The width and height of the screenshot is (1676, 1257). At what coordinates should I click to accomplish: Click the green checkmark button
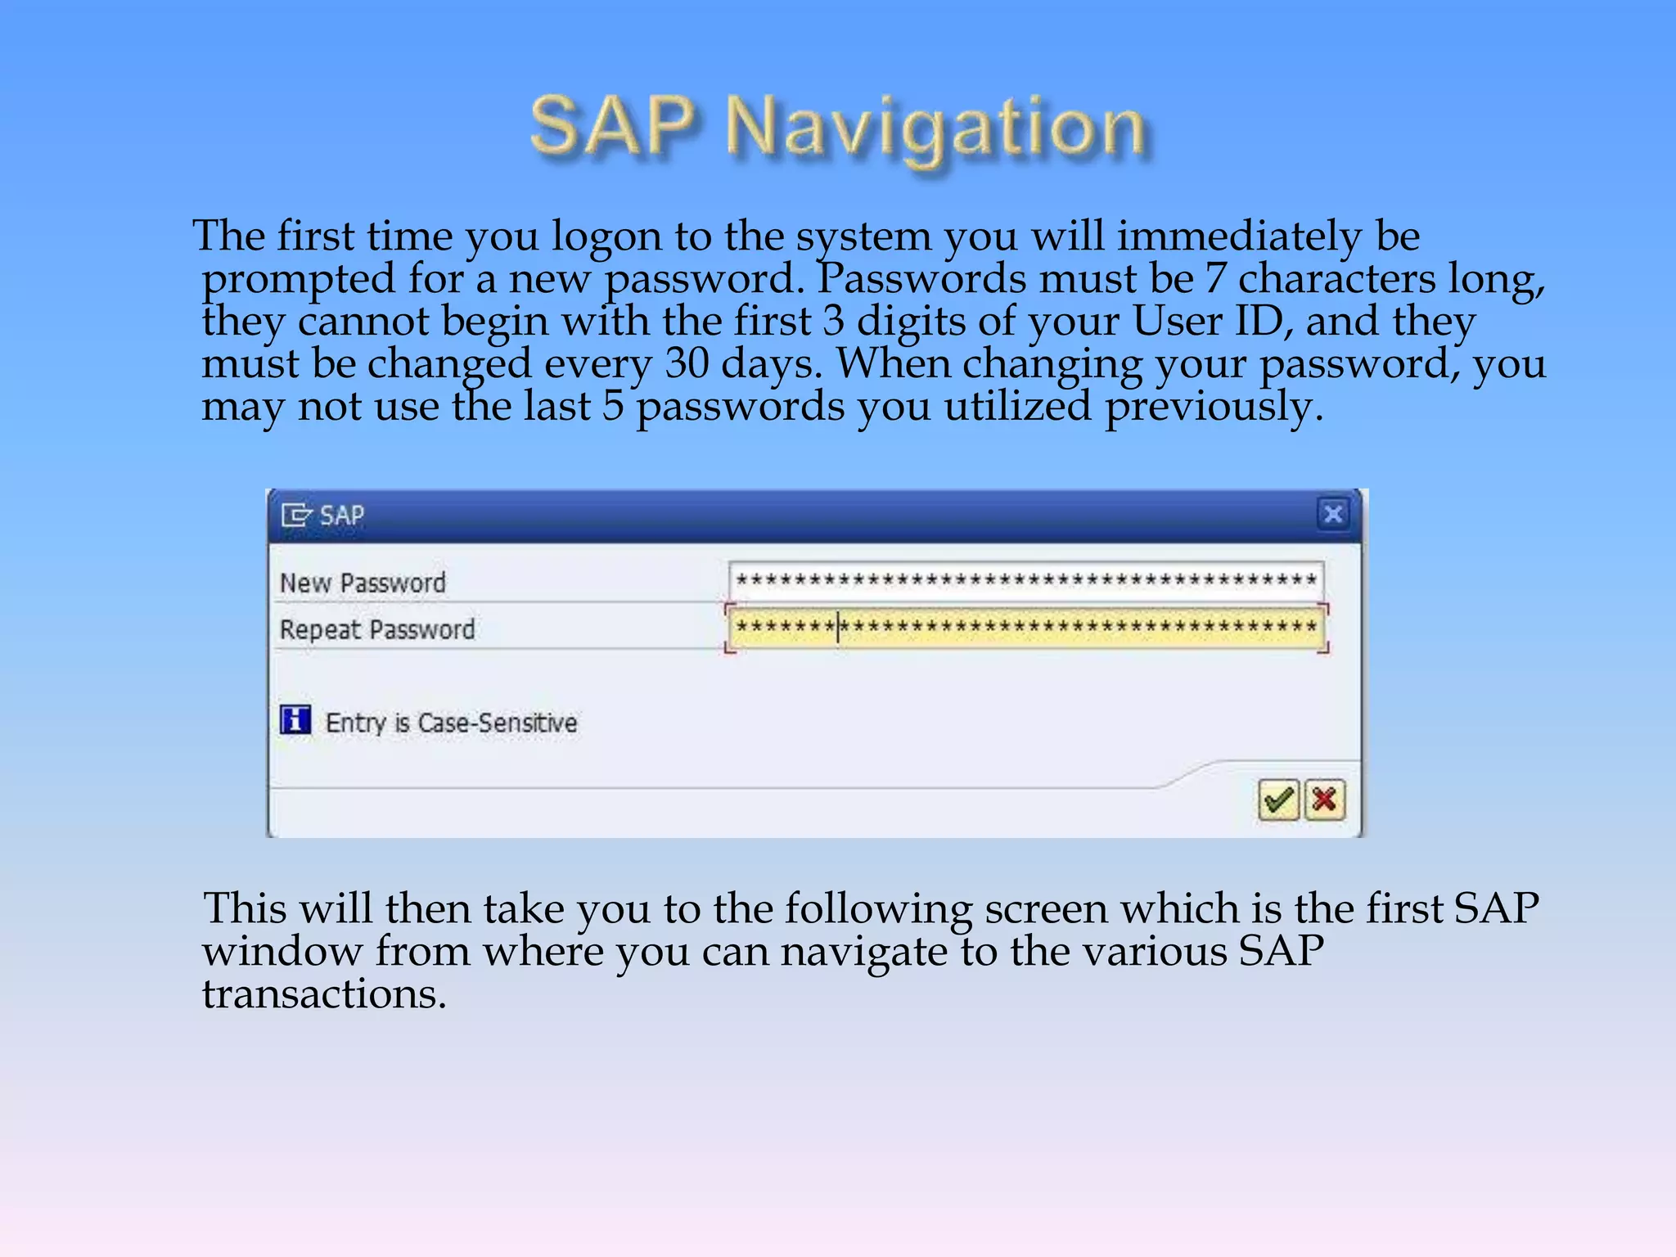pyautogui.click(x=1278, y=800)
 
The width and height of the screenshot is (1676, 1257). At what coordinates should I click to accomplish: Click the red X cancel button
pyautogui.click(x=1325, y=800)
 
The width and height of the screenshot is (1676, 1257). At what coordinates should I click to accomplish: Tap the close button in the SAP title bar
pyautogui.click(x=1333, y=514)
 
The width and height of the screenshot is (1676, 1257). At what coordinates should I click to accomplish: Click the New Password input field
pyautogui.click(x=1025, y=581)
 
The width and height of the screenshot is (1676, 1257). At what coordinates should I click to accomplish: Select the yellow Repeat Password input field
pyautogui.click(x=1025, y=628)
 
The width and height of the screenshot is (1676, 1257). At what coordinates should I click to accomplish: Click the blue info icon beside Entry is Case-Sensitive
pyautogui.click(x=295, y=720)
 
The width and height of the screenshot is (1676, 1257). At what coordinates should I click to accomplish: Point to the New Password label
pyautogui.click(x=363, y=583)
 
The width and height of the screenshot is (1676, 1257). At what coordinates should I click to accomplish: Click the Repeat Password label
pyautogui.click(x=377, y=629)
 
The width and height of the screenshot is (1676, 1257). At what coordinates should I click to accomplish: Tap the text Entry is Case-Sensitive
pyautogui.click(x=451, y=723)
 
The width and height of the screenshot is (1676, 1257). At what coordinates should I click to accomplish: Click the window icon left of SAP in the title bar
pyautogui.click(x=296, y=515)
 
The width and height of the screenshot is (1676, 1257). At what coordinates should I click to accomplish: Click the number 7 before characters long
pyautogui.click(x=1215, y=279)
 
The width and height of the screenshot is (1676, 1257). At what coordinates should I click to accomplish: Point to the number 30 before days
pyautogui.click(x=687, y=364)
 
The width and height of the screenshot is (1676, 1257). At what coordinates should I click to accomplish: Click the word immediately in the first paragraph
pyautogui.click(x=1239, y=237)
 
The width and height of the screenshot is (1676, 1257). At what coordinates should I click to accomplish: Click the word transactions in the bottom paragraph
pyautogui.click(x=324, y=994)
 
